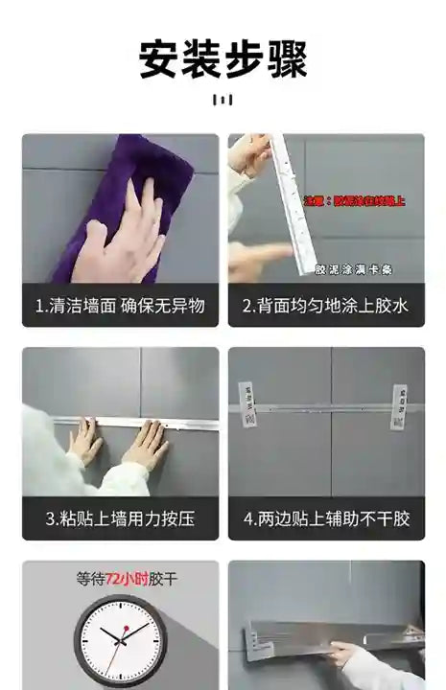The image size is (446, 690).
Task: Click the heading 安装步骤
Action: pyautogui.click(x=223, y=58)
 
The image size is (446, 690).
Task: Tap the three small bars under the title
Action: pyautogui.click(x=223, y=100)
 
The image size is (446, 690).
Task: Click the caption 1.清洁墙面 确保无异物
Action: pyautogui.click(x=120, y=307)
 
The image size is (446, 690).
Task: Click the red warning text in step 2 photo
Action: pyautogui.click(x=354, y=201)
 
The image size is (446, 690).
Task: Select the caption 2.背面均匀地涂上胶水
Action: pyautogui.click(x=326, y=307)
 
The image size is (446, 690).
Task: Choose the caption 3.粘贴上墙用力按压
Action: pyautogui.click(x=120, y=518)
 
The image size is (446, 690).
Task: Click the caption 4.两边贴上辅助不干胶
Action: pyautogui.click(x=326, y=518)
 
